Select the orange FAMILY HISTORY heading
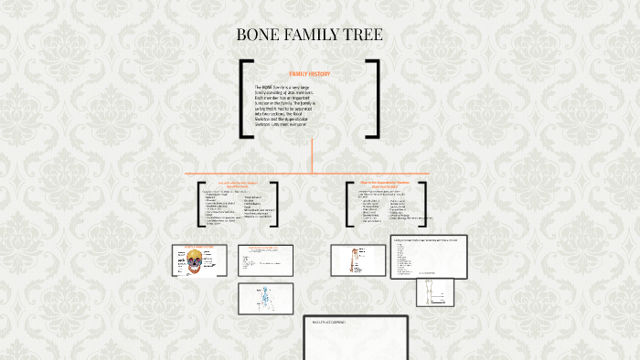pyautogui.click(x=309, y=73)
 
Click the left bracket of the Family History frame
pyautogui.click(x=243, y=99)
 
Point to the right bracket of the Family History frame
pyautogui.click(x=375, y=99)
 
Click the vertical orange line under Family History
pyautogui.click(x=312, y=155)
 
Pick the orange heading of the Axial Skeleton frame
pyautogui.click(x=237, y=185)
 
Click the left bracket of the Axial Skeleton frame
pyautogui.click(x=201, y=204)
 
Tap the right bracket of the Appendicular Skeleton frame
pyautogui.click(x=425, y=204)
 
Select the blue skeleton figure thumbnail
pyautogui.click(x=265, y=299)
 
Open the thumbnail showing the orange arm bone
pyautogui.click(x=357, y=260)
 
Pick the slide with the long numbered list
pyautogui.click(x=428, y=257)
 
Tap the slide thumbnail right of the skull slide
pyautogui.click(x=265, y=260)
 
